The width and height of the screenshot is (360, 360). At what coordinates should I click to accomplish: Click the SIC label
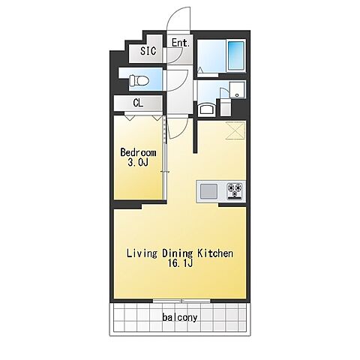click(148, 51)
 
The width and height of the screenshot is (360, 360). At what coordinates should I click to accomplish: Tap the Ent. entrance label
click(180, 43)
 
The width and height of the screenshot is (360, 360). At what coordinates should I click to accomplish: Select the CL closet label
click(138, 103)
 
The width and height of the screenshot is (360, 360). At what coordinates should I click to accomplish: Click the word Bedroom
click(138, 152)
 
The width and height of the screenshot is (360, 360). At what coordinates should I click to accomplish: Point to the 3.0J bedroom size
click(138, 163)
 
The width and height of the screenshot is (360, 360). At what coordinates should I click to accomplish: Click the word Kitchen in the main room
click(215, 253)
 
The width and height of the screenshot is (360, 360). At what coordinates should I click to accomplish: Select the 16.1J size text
click(180, 263)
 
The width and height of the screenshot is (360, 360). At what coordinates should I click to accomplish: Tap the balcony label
click(180, 317)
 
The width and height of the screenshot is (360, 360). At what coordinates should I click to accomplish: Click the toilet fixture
click(139, 80)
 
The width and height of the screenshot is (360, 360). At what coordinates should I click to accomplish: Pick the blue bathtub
click(236, 55)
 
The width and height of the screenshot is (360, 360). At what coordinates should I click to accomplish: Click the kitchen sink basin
click(208, 191)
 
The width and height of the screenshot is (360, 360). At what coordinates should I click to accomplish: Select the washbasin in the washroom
click(206, 109)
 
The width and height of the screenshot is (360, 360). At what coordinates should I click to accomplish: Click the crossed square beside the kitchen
click(235, 130)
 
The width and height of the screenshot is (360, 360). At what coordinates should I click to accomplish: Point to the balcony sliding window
click(181, 301)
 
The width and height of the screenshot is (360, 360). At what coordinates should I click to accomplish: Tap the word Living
click(142, 253)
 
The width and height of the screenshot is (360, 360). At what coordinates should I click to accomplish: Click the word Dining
click(178, 253)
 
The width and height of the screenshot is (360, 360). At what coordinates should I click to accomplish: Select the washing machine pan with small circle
click(238, 90)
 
